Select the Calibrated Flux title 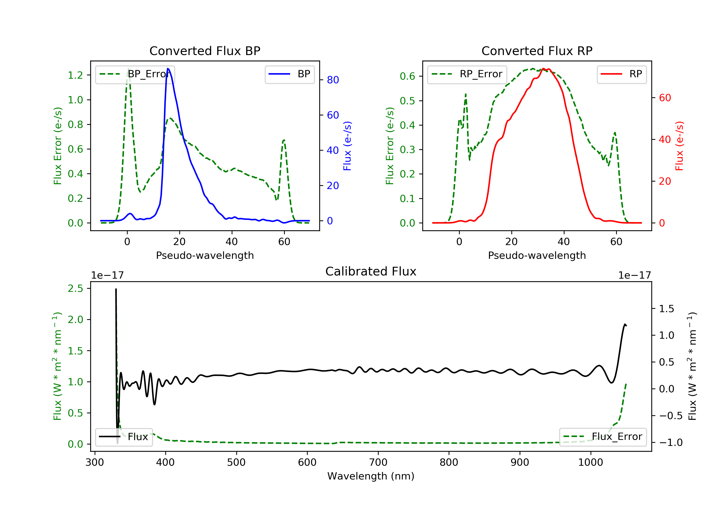(371, 272)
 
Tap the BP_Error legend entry (135, 74)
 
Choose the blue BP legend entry (289, 74)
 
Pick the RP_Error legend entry (467, 74)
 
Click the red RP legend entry (621, 74)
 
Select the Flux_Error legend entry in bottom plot (603, 437)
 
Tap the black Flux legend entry (124, 437)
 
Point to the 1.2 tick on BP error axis (75, 75)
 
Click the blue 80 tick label (333, 80)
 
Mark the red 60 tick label (665, 98)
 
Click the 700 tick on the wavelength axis (378, 463)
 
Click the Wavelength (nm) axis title (371, 476)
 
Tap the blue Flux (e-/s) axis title (347, 146)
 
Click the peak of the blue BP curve (168, 69)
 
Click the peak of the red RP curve (543, 69)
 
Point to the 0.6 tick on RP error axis (407, 76)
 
